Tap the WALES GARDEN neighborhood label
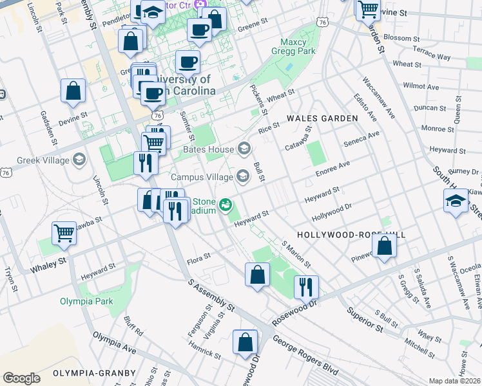tap(322, 119)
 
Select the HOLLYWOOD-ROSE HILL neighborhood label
tap(351, 235)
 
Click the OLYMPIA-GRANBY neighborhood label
tap(94, 373)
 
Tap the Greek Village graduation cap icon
tap(79, 159)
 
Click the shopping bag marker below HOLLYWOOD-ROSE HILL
tap(384, 246)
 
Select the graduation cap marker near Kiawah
tap(456, 201)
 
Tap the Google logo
tap(21, 378)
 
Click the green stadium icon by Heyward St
tap(226, 205)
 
